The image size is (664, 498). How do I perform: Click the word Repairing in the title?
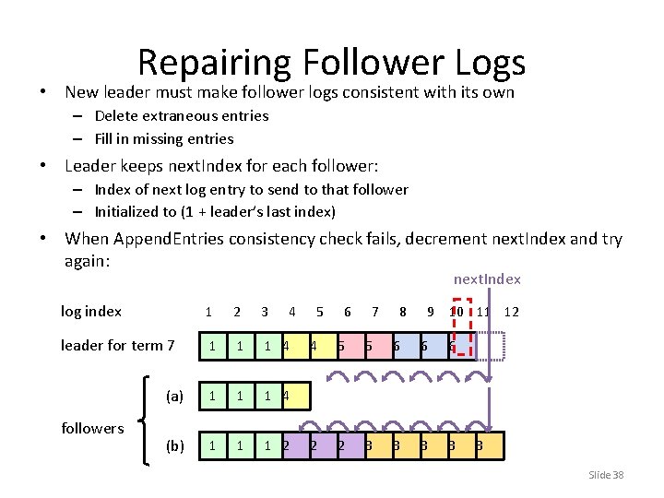click(x=213, y=63)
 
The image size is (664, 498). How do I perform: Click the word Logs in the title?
click(x=491, y=63)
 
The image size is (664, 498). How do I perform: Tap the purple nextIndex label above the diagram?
click(x=487, y=279)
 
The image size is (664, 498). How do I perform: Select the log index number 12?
click(x=512, y=312)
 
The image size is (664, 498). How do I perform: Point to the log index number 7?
click(x=375, y=312)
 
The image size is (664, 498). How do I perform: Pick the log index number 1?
click(x=209, y=312)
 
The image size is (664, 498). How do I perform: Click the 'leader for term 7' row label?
click(x=117, y=346)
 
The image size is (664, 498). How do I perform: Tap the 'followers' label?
click(x=92, y=428)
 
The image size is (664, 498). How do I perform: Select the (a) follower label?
click(x=174, y=397)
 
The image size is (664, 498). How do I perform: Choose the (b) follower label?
click(x=174, y=446)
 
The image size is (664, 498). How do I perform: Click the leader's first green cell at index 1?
click(x=212, y=347)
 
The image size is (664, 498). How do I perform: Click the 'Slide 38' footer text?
click(x=606, y=475)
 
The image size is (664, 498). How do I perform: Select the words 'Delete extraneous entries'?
click(x=182, y=116)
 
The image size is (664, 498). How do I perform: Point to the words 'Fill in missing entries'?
click(x=164, y=139)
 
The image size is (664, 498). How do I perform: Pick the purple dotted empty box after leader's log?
click(x=490, y=345)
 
